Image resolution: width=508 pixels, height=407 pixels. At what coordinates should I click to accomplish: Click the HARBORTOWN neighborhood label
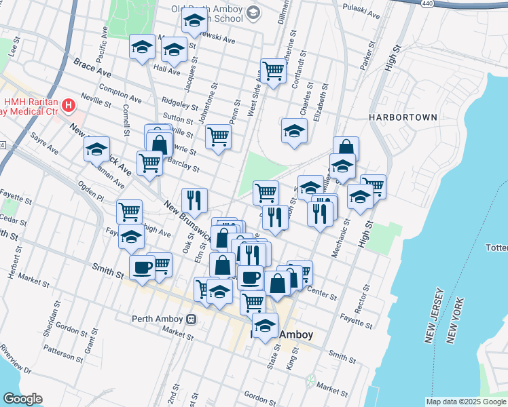(403, 117)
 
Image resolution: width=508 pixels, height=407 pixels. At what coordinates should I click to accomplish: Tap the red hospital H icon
(68, 105)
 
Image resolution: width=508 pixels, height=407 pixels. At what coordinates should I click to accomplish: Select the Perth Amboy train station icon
(192, 318)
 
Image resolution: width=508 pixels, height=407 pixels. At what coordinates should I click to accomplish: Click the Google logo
(22, 399)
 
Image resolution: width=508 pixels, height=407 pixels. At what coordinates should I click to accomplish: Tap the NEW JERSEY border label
(435, 315)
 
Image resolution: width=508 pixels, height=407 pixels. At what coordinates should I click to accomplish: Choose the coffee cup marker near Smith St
(143, 268)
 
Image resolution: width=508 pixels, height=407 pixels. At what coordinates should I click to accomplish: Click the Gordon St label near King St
(257, 398)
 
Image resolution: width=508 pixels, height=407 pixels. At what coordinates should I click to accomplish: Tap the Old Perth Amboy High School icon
(253, 13)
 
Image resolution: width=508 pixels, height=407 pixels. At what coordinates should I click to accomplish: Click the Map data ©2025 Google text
(465, 402)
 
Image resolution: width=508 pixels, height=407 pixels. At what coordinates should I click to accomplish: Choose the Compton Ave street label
(120, 93)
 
